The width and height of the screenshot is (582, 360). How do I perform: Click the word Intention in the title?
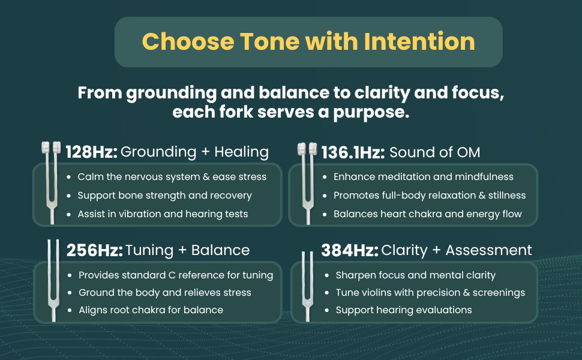tap(419, 41)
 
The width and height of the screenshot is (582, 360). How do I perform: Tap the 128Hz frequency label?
tap(91, 152)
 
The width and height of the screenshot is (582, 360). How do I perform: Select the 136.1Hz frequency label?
tap(353, 152)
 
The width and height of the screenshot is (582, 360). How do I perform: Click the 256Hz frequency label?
tap(94, 251)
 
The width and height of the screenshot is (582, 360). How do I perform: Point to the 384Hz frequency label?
tap(350, 251)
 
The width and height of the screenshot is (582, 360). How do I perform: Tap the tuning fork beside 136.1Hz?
tap(307, 184)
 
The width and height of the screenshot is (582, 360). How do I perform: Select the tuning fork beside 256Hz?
tap(53, 281)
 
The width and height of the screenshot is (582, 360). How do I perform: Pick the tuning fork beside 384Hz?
tap(307, 286)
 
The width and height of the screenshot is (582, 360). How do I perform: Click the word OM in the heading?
tap(469, 152)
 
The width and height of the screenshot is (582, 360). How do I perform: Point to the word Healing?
tap(241, 152)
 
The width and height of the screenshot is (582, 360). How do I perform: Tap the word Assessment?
tap(488, 251)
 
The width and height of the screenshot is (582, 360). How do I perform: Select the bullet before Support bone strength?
tap(68, 196)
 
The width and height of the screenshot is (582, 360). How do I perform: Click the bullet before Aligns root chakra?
tap(70, 310)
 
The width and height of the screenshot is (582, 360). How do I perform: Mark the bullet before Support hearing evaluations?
tap(326, 310)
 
